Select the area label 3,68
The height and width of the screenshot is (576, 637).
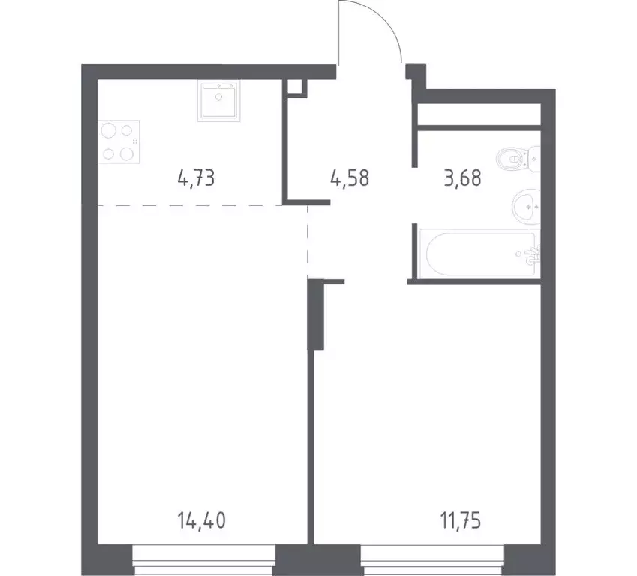point(461,179)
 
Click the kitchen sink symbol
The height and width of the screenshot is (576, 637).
point(220,100)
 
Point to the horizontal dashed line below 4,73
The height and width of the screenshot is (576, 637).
point(188,204)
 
